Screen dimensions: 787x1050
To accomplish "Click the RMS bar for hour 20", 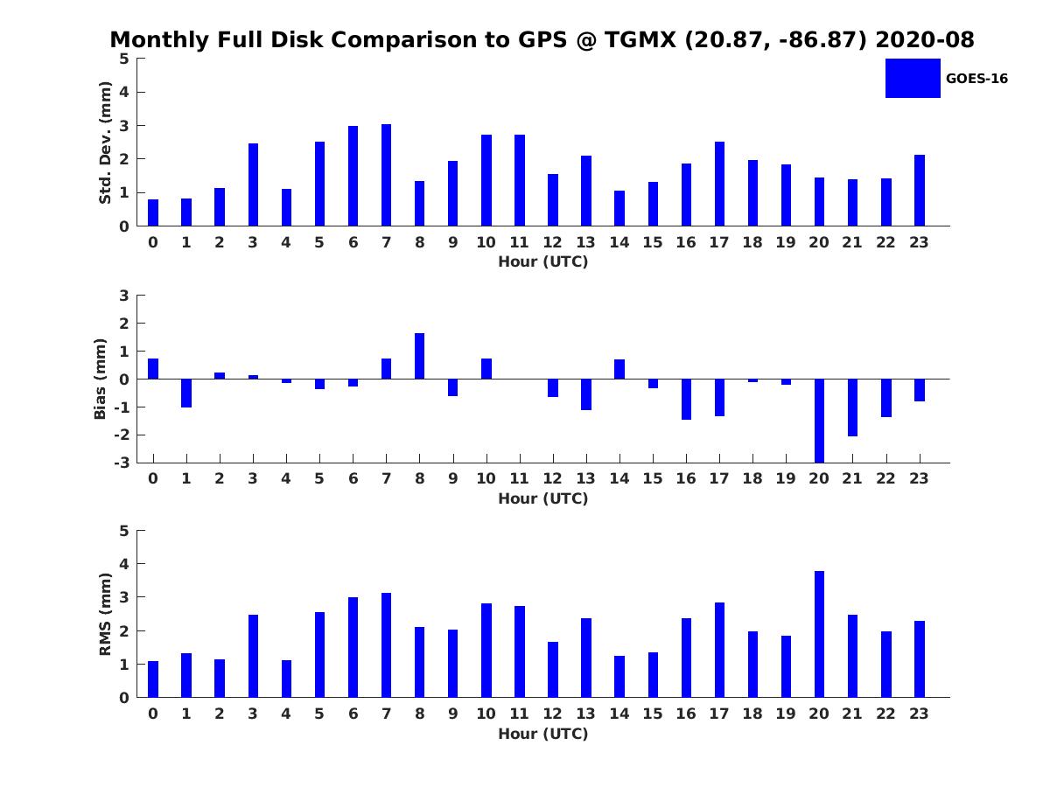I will pos(819,634).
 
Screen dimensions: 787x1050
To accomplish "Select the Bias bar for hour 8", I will pos(420,356).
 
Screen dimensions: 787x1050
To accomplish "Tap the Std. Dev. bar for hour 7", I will pos(386,175).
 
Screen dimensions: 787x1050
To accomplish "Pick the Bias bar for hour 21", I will pos(852,407).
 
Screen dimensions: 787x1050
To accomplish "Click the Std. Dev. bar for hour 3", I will pos(253,185).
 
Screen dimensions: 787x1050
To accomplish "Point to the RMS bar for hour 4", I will pos(286,679).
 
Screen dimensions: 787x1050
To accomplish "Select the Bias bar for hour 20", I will pos(819,421).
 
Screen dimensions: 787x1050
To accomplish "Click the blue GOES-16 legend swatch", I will pos(913,78).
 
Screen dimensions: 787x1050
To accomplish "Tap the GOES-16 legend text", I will pos(976,79).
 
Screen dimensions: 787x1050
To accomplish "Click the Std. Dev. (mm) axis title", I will pos(106,143).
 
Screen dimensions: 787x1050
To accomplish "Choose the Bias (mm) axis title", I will pos(101,379).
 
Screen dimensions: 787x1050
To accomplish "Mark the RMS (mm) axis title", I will pos(106,615).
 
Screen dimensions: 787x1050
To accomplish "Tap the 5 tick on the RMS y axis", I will pos(124,531).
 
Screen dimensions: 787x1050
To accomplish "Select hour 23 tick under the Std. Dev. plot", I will pos(919,243).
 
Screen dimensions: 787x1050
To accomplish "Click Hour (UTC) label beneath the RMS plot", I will pos(542,734).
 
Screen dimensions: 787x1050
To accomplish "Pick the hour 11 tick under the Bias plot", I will pos(520,479).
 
